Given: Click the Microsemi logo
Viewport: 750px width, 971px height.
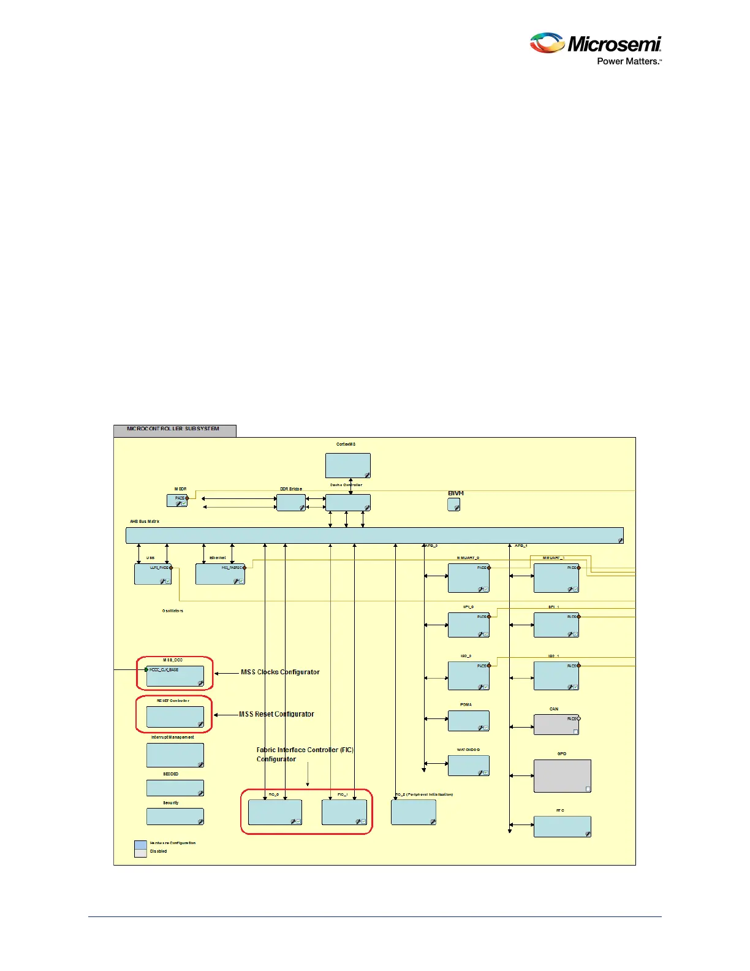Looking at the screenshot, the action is pos(595,48).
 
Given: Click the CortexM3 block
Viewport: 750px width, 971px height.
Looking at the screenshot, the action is pos(347,465).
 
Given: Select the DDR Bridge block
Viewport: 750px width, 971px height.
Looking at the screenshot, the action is pos(291,503).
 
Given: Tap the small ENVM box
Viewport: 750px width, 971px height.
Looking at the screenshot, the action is pos(453,505).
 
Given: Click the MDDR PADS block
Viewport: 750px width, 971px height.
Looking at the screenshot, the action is pos(177,500).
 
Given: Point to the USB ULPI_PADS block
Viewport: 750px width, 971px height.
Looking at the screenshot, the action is pos(153,574).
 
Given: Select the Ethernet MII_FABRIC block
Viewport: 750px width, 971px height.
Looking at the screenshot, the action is pos(220,574).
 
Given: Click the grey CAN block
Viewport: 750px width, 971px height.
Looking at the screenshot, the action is pos(556,725).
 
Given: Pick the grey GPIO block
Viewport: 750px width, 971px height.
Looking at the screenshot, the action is pos(562,775).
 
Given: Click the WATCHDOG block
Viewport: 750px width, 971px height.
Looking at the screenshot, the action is pos(468,766).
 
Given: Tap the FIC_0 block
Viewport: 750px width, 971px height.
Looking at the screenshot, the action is pos(275,812).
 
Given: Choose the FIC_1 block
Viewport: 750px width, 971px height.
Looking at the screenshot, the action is pos(344,812).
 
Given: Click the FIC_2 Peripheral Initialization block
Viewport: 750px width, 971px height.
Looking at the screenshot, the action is pos(413,812).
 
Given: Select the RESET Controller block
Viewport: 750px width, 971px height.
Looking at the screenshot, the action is pos(175,717).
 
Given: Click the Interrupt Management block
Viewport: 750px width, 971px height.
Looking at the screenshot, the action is pos(175,755).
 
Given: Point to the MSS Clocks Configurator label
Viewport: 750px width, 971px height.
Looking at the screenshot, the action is pos(280,672).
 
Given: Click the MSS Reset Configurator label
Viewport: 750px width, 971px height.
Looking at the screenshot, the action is pos(276,714).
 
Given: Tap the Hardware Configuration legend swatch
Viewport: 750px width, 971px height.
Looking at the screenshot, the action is pos(140,845).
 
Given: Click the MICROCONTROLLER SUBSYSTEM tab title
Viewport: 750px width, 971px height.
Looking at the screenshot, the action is pos(173,429).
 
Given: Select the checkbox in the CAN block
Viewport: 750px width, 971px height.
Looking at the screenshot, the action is pos(575,731).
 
